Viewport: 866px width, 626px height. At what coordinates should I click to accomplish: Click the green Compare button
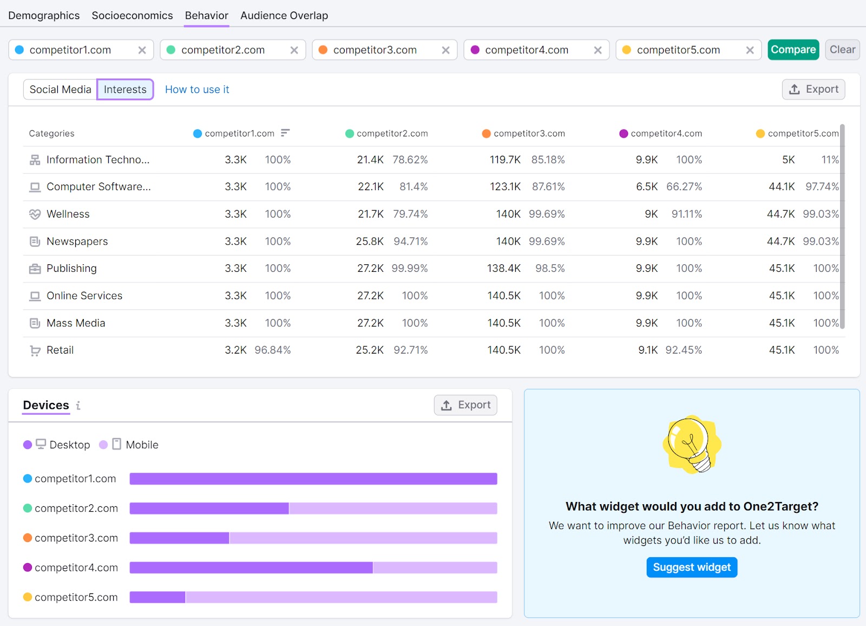click(793, 50)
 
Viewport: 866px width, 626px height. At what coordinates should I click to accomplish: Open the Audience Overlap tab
click(284, 15)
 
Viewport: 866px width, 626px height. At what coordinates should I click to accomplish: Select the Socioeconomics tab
click(132, 15)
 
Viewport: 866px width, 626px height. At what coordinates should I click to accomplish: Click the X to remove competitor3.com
click(445, 50)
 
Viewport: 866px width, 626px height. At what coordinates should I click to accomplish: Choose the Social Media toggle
click(60, 89)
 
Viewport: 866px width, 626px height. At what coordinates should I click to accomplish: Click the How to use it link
click(197, 89)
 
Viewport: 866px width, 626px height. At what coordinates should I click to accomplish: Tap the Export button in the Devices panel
click(465, 405)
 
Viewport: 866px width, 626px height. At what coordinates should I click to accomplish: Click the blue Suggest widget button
click(691, 567)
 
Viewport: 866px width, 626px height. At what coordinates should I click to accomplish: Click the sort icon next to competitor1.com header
click(285, 133)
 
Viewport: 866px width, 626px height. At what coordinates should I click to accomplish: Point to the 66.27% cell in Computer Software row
click(684, 187)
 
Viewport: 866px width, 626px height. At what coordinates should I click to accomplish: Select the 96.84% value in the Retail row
click(272, 350)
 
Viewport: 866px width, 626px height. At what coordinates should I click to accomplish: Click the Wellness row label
click(68, 214)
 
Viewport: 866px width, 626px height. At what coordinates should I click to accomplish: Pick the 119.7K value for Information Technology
click(505, 160)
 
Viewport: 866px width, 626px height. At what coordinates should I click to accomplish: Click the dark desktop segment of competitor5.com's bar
click(158, 597)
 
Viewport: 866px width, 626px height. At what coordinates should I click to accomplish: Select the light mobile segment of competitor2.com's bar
click(392, 508)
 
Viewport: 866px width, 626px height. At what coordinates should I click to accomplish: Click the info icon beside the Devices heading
click(78, 405)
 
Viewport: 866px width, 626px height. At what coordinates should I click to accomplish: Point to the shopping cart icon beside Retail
click(35, 350)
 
